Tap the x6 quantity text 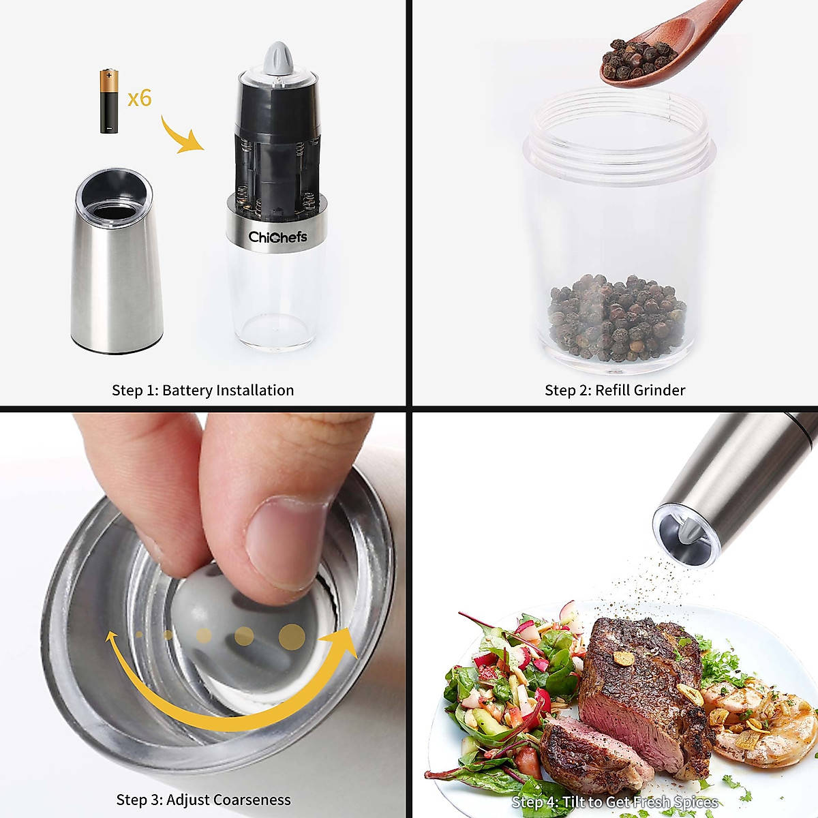(x=140, y=98)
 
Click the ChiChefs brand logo (x=277, y=237)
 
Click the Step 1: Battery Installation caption (x=202, y=391)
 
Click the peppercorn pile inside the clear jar (x=617, y=317)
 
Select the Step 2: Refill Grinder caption (x=614, y=391)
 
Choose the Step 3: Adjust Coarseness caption (x=203, y=800)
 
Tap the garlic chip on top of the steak (x=624, y=658)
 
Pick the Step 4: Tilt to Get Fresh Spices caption (x=614, y=802)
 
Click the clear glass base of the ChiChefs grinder (x=276, y=300)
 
